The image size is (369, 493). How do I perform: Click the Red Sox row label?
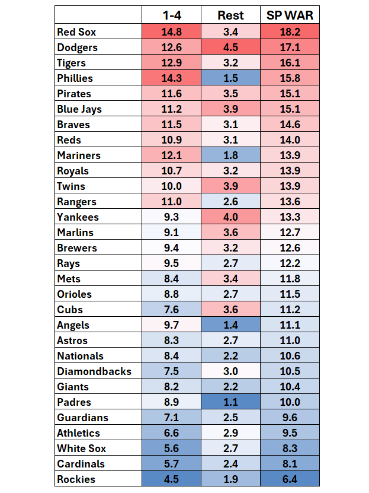point(77,32)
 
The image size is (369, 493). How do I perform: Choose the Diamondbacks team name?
point(94,371)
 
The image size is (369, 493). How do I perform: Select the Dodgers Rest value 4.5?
point(230,47)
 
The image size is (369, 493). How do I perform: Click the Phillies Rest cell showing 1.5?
point(230,78)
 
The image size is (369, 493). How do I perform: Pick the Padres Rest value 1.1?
point(230,402)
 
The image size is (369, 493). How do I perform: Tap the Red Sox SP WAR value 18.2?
point(290,32)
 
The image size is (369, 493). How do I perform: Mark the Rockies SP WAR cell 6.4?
point(290,479)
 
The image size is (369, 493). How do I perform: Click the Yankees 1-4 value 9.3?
point(171,217)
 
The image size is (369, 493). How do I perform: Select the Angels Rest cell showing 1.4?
point(230,325)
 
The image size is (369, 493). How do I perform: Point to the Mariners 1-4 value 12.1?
point(171,155)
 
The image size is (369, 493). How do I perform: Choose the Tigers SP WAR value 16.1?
point(290,63)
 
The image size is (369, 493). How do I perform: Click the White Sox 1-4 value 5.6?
point(171,449)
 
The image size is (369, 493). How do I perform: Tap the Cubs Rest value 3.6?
point(230,310)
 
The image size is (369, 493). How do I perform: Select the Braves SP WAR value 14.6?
point(290,125)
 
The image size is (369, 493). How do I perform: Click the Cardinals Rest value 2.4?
point(230,464)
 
